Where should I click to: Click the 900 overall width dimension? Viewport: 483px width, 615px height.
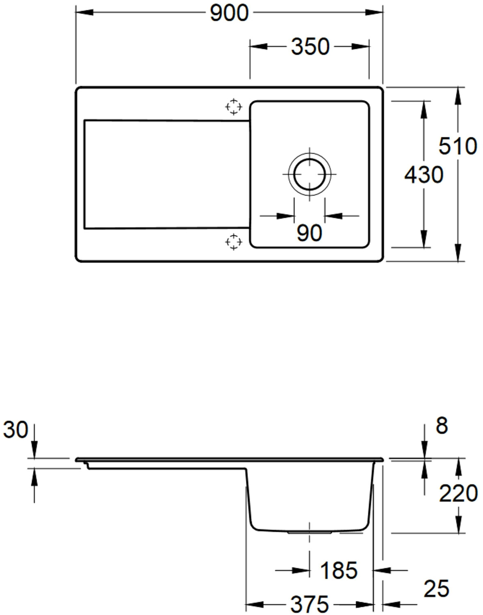[x=229, y=13]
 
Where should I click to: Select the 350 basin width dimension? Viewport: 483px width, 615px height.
[x=310, y=47]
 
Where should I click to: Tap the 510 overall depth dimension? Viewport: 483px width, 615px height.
[x=458, y=146]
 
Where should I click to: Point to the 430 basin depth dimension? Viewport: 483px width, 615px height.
[x=424, y=175]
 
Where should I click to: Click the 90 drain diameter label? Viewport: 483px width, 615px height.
[x=309, y=233]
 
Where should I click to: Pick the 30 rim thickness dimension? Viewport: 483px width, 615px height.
[x=16, y=429]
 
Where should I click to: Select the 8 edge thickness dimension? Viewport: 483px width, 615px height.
[x=442, y=426]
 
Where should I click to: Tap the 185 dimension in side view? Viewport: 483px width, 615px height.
[x=339, y=570]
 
